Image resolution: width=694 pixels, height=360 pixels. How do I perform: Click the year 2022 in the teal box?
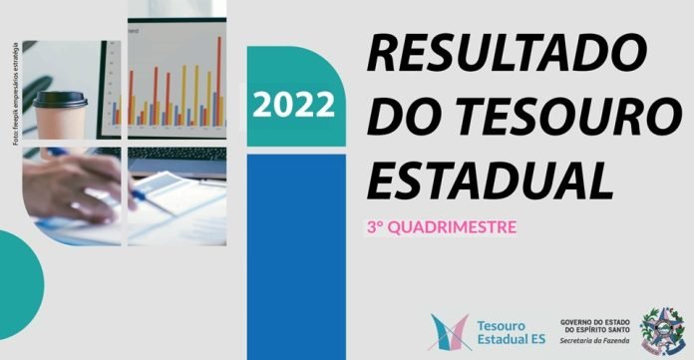[x=295, y=103]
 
